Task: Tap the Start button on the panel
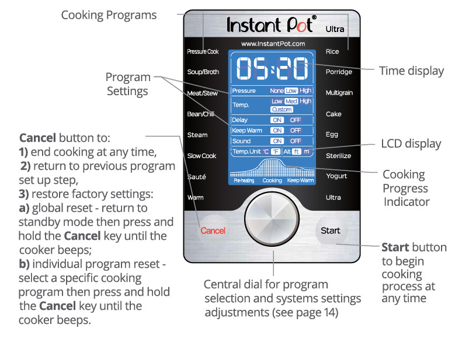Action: pos(331,230)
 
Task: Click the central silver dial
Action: pos(272,219)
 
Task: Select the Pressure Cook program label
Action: pos(203,51)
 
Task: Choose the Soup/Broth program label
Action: pos(203,72)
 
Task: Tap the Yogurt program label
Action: pos(336,176)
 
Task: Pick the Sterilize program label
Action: pos(338,156)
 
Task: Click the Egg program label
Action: pos(332,134)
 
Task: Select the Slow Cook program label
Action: pos(202,156)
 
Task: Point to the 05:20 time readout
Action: pos(272,68)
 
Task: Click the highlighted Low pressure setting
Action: pos(291,90)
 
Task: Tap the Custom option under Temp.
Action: pos(282,109)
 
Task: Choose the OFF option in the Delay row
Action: pos(295,120)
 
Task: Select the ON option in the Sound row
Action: pos(277,141)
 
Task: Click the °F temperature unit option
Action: pos(276,152)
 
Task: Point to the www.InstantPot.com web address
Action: pos(273,44)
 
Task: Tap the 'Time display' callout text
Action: pos(411,71)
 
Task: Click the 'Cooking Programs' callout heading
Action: pos(109,15)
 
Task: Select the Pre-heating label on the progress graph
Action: pos(244,180)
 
